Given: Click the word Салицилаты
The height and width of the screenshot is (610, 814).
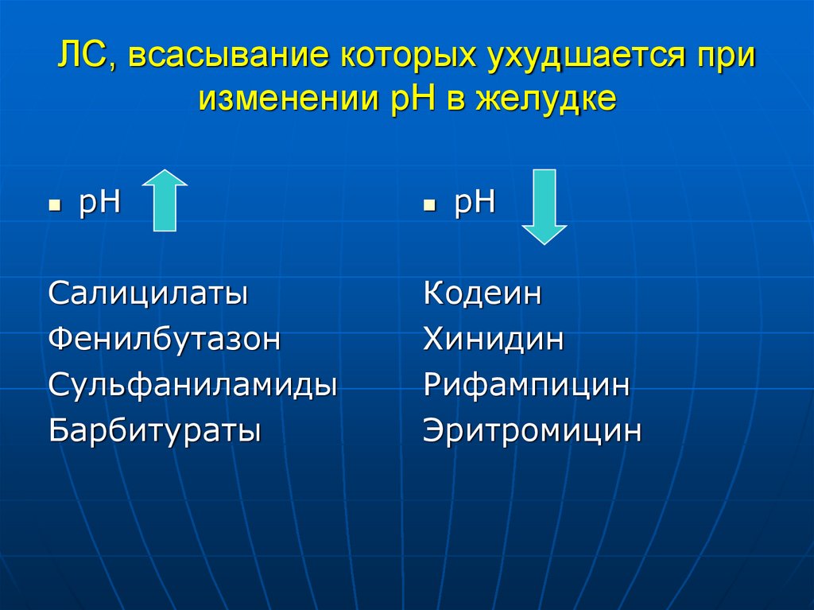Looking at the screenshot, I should pyautogui.click(x=148, y=293).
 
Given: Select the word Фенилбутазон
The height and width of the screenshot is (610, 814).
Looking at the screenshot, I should pyautogui.click(x=165, y=340).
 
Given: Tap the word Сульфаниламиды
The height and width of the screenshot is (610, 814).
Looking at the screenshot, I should pyautogui.click(x=193, y=386).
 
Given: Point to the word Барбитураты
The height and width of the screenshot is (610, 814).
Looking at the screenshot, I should pyautogui.click(x=155, y=431).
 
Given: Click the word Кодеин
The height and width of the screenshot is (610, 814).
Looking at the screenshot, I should pyautogui.click(x=483, y=293).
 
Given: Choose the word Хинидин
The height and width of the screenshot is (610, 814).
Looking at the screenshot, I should pyautogui.click(x=494, y=340).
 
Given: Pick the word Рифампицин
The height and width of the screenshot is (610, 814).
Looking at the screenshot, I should pyautogui.click(x=526, y=386).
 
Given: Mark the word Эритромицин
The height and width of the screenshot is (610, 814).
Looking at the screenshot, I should pyautogui.click(x=532, y=431).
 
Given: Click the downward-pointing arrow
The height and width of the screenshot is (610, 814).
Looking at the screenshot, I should pyautogui.click(x=545, y=205).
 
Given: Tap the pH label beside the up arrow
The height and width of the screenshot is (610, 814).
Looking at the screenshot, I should pyautogui.click(x=99, y=203).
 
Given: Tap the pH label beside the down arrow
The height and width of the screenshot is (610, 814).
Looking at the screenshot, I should pyautogui.click(x=475, y=203).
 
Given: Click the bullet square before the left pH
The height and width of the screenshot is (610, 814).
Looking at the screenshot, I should pyautogui.click(x=55, y=205).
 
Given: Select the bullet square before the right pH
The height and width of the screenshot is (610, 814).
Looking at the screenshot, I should pyautogui.click(x=429, y=205).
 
